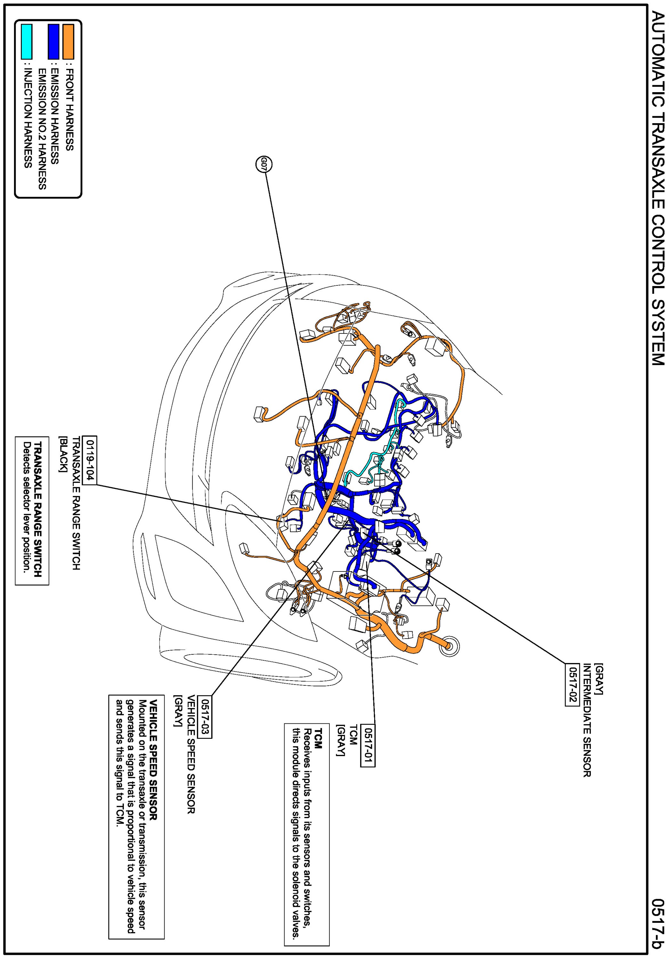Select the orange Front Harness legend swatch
68,42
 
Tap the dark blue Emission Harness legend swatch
53,42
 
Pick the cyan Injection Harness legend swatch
26,42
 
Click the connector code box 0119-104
90,460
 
